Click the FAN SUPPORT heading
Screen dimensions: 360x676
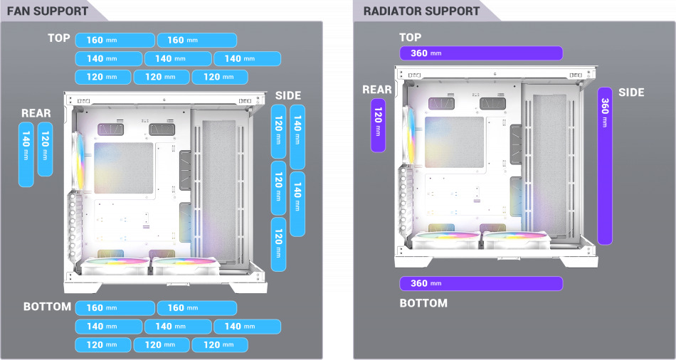[48, 11]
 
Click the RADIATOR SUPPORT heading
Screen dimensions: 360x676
[421, 11]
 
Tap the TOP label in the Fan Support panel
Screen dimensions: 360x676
[59, 38]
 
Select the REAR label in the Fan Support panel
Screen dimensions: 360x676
[36, 113]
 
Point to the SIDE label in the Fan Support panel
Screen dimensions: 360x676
[287, 95]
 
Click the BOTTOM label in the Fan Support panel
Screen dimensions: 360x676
[47, 307]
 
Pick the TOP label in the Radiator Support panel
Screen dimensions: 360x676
[411, 38]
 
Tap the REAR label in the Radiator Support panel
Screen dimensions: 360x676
[377, 90]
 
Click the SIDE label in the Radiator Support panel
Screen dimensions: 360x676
[631, 92]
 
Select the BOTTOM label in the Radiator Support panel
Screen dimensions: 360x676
[423, 303]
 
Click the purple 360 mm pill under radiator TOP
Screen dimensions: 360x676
[481, 53]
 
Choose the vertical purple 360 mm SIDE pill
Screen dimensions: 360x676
[605, 166]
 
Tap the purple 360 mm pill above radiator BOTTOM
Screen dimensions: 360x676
[481, 283]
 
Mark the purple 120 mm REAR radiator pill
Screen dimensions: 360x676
[378, 125]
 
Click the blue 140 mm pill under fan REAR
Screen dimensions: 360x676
[26, 154]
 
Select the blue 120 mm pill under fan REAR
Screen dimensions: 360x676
[45, 149]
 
